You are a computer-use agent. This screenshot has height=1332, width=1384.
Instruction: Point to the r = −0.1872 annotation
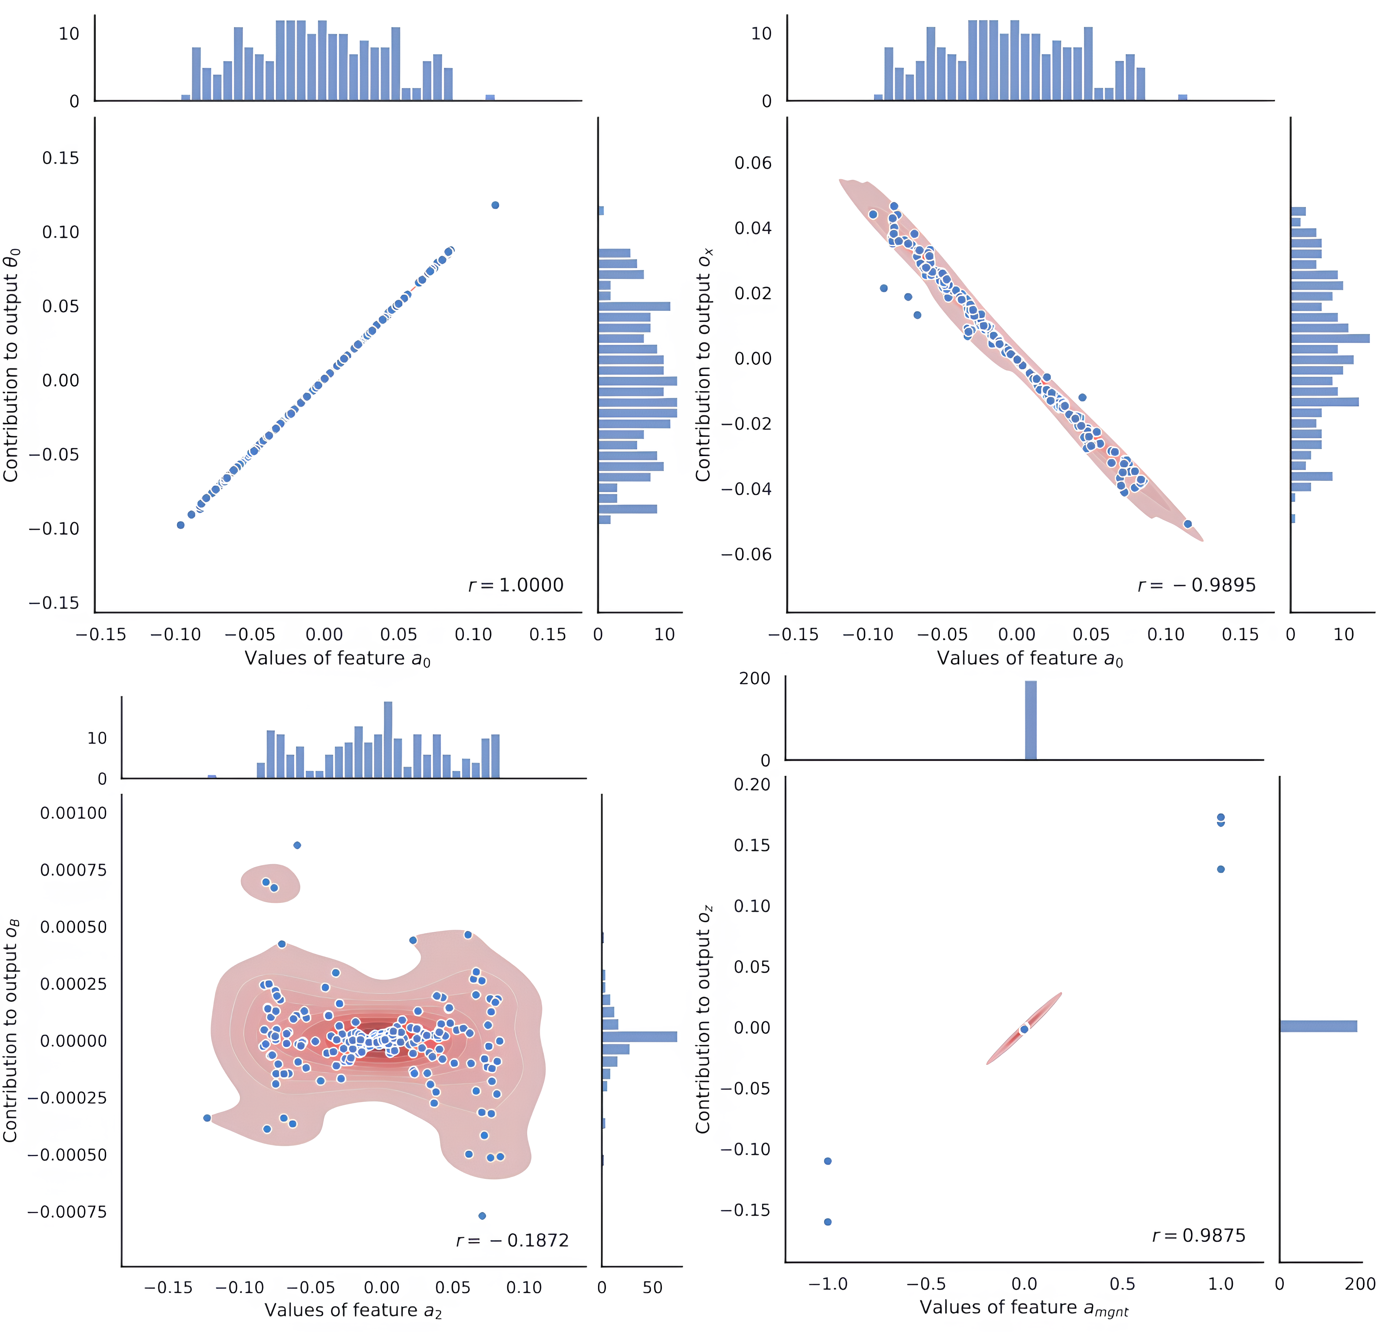click(513, 1240)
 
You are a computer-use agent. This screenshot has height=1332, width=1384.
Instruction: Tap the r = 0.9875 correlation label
click(1199, 1235)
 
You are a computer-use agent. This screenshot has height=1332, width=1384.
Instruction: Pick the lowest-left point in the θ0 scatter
click(181, 525)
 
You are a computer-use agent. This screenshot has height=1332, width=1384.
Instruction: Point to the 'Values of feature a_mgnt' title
click(1024, 1308)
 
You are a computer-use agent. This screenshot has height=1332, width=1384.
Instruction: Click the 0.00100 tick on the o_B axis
click(73, 813)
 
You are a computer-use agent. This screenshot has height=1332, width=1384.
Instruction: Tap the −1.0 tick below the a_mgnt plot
click(827, 1283)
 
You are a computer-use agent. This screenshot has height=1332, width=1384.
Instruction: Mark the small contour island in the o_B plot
click(270, 883)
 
